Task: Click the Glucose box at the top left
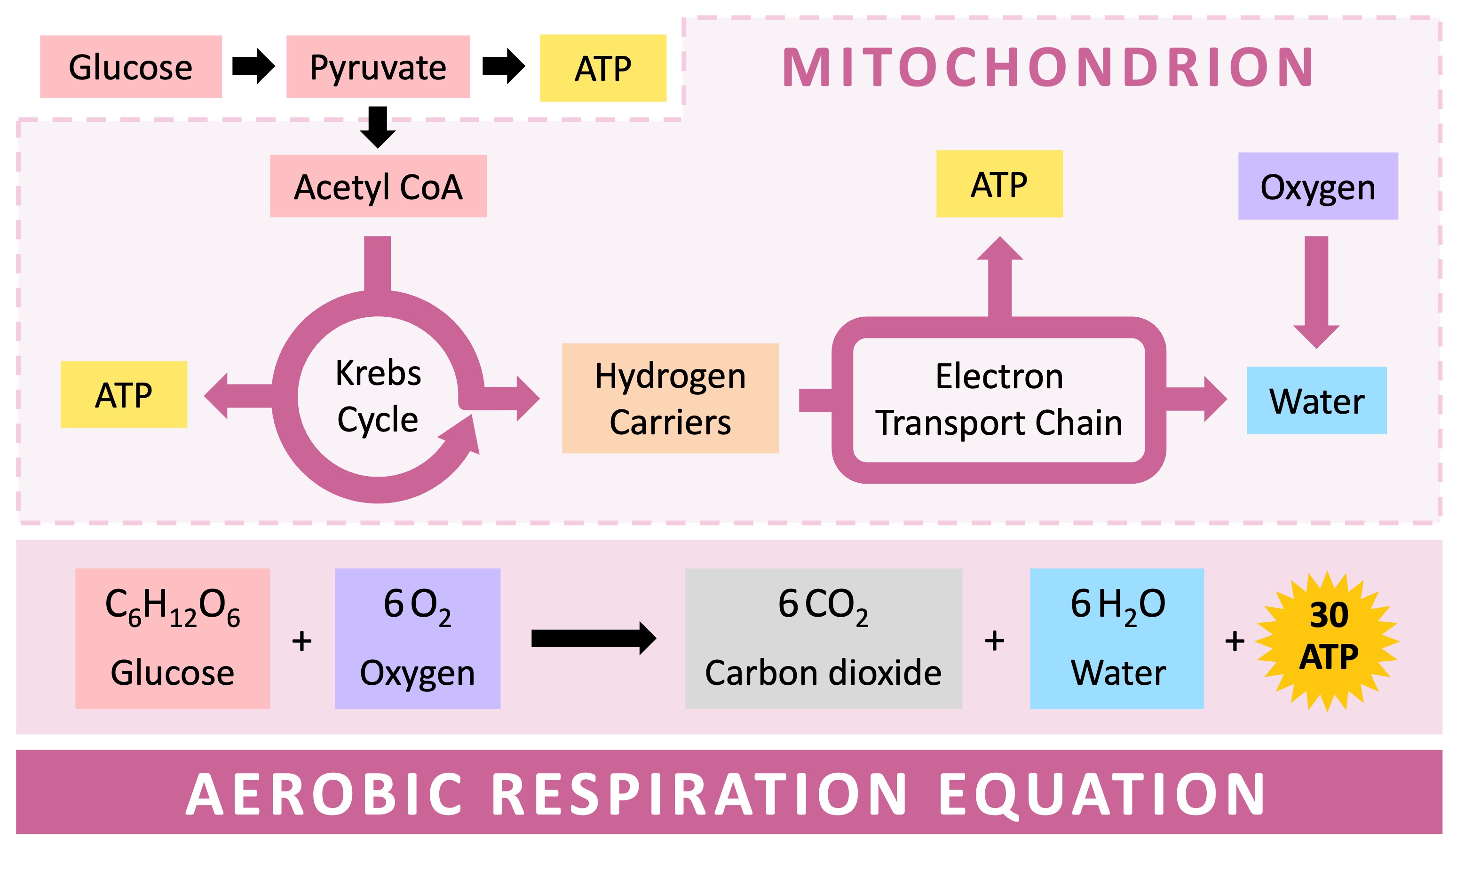click(x=131, y=66)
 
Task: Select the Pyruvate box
click(x=378, y=66)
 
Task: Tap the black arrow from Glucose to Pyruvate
click(x=253, y=66)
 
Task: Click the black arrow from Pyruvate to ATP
click(x=503, y=66)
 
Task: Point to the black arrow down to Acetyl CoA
click(x=378, y=126)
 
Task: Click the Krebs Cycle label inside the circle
click(x=378, y=396)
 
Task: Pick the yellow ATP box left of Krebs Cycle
click(x=124, y=394)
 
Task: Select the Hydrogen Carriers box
click(x=670, y=398)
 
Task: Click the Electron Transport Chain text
click(x=998, y=399)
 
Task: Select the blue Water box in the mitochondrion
click(x=1316, y=400)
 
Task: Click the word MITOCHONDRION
click(x=1048, y=67)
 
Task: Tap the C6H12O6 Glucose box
click(x=173, y=638)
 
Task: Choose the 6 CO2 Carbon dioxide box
click(x=823, y=638)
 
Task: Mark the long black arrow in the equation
click(x=593, y=638)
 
